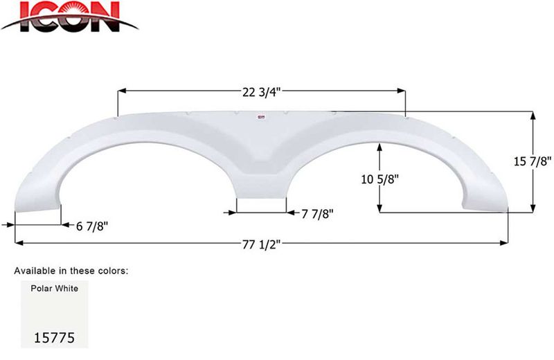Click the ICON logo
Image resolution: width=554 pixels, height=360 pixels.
[x=69, y=17]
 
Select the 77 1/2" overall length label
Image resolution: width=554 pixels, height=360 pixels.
[x=261, y=243]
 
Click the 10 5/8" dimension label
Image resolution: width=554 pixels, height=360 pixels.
[x=379, y=179]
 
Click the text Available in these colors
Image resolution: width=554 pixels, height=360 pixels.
[x=71, y=270]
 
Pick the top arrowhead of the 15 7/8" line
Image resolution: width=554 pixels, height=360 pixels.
[x=533, y=116]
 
